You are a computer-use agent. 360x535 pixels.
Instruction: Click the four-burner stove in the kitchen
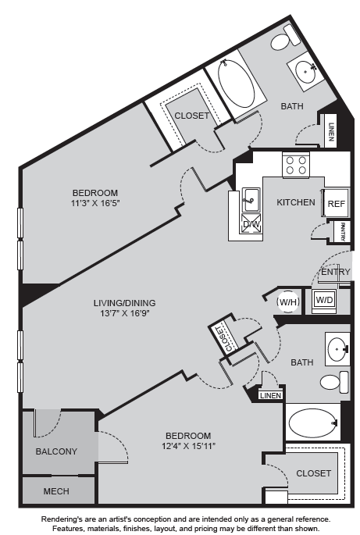click(296, 165)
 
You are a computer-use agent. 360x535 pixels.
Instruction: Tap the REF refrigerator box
click(336, 203)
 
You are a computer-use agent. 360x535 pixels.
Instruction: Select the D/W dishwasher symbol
click(251, 224)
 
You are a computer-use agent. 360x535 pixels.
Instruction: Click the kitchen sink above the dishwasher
click(251, 200)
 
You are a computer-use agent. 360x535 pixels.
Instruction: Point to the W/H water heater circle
click(289, 301)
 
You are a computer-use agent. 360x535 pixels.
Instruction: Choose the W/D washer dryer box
click(324, 300)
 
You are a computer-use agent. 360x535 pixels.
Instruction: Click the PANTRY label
click(343, 231)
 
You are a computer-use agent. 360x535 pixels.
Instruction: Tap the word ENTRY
click(336, 272)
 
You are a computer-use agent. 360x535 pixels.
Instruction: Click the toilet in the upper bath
click(286, 37)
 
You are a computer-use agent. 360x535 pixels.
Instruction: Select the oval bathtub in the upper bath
click(237, 84)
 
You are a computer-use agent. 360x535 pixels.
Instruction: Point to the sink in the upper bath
click(305, 71)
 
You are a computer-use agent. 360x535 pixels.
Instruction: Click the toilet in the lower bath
click(334, 382)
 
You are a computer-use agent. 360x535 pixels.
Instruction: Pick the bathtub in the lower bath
click(313, 423)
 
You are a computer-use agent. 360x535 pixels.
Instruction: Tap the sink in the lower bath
click(337, 348)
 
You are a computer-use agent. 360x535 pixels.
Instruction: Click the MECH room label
click(56, 491)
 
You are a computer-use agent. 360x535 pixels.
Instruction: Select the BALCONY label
click(56, 451)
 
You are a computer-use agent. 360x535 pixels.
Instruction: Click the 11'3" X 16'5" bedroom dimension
click(95, 203)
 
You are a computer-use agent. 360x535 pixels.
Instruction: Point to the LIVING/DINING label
click(124, 302)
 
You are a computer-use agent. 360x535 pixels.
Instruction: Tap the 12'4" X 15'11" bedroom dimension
click(189, 446)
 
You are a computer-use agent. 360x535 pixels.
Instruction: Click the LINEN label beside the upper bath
click(330, 131)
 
